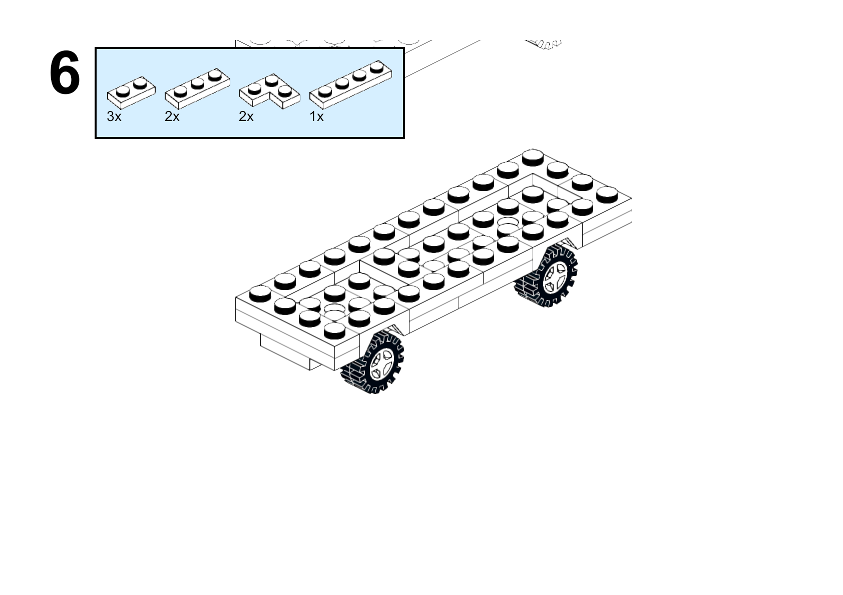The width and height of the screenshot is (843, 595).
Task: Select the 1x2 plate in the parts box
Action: [x=131, y=93]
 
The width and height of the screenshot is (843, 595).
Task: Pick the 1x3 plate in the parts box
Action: [x=197, y=88]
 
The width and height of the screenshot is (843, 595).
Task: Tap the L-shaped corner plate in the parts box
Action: [x=269, y=91]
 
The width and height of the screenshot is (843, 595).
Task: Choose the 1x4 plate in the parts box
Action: [x=351, y=85]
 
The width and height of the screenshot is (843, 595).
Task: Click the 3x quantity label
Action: [x=114, y=116]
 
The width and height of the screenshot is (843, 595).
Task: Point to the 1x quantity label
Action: [x=316, y=116]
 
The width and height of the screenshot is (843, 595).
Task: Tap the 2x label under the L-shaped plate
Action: [x=246, y=116]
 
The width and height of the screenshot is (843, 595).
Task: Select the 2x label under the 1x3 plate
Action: [x=172, y=116]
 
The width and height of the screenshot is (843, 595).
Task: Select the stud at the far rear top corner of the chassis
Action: [x=533, y=157]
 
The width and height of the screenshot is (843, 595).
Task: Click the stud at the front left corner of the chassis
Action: [x=260, y=293]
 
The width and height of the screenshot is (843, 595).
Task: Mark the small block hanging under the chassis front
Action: [x=290, y=351]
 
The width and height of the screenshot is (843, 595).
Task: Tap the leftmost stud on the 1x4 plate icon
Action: [x=325, y=91]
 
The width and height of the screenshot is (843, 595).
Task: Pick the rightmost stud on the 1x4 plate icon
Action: [x=377, y=67]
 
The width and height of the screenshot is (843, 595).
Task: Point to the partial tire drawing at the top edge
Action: [x=543, y=44]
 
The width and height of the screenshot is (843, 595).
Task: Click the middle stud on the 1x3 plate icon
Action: [x=198, y=83]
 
